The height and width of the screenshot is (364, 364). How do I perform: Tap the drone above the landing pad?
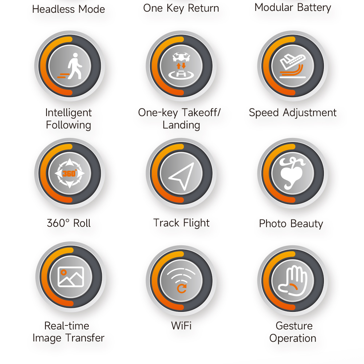(181, 57)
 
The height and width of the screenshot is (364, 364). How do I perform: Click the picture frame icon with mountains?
(71, 277)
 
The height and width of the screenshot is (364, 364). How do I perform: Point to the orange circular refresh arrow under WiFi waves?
(182, 288)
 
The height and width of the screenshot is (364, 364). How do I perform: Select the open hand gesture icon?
(293, 281)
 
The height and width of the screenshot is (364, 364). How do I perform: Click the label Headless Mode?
(68, 9)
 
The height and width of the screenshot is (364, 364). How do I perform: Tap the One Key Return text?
(181, 8)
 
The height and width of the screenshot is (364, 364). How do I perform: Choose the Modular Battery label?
(293, 8)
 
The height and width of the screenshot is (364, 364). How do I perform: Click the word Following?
(68, 125)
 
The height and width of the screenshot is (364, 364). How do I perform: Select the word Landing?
(181, 125)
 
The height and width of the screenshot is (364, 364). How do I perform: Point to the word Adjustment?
(310, 113)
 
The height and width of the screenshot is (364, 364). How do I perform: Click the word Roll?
(82, 223)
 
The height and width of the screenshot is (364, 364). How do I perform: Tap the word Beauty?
(306, 224)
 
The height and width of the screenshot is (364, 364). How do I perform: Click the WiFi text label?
(181, 325)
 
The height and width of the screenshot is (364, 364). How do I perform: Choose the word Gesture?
(294, 326)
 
